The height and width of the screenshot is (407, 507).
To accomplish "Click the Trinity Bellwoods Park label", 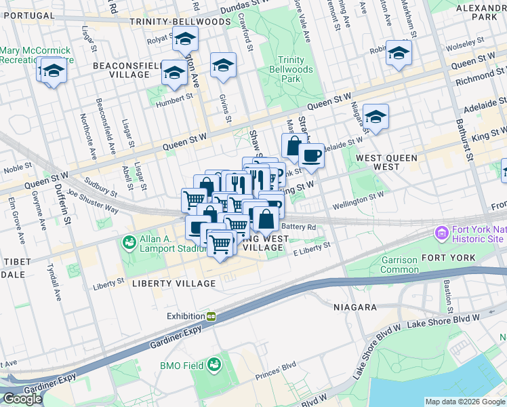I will click(x=296, y=70).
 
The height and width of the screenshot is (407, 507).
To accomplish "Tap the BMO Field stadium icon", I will click(x=214, y=365).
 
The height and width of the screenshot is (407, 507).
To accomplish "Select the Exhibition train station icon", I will click(x=211, y=316).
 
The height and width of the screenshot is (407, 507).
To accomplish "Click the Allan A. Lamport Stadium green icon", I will click(x=128, y=241).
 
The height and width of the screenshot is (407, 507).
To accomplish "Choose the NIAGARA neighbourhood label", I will click(x=354, y=307).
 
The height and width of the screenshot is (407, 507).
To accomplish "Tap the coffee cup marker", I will click(x=311, y=156).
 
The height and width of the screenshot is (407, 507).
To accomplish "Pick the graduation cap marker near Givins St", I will click(x=223, y=65).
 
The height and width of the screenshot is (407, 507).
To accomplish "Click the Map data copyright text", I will click(x=464, y=401).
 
